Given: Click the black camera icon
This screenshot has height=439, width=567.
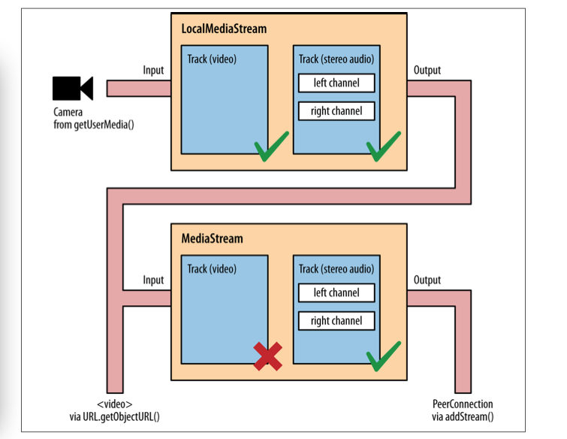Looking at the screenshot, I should pos(72,88).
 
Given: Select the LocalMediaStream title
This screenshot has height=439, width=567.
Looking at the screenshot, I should pos(224,29).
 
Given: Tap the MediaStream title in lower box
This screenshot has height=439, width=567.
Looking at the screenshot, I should pos(213,238).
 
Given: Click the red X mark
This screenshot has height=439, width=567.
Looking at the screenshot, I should pos(267,356).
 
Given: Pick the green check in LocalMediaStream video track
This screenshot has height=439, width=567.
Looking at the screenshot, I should pos(271,147).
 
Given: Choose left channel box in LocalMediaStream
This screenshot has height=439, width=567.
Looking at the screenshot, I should pos(336,83).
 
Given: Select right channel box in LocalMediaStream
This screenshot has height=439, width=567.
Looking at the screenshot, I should pos(336,111).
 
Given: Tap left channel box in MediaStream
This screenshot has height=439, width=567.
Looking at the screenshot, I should pos(336,292).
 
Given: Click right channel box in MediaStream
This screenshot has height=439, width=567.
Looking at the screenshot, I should pos(336,321).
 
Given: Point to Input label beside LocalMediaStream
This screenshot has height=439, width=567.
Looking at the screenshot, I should pos(153,70).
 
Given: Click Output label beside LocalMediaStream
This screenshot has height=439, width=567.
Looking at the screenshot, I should pos(427,70).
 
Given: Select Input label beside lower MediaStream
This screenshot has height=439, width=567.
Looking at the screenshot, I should pos(153,280).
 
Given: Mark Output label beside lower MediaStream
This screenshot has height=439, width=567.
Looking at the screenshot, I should pos(427,280).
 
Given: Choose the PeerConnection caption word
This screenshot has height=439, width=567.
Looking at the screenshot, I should pos(463,404).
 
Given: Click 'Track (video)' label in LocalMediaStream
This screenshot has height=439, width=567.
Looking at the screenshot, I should pos(213,59).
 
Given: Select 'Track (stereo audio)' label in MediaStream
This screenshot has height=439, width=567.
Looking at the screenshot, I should pos(336,269).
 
